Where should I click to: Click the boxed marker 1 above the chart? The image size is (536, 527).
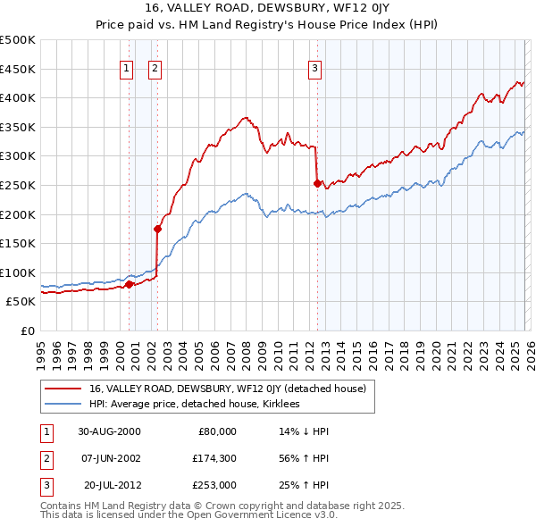pos(126,66)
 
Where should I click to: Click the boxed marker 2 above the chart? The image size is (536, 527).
pos(155,66)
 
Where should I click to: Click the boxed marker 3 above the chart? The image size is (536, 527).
pos(315,66)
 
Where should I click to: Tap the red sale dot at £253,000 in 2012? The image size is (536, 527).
pos(317,183)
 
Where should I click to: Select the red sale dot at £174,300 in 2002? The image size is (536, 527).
pos(157,229)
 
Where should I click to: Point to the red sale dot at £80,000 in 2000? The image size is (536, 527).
pos(129,284)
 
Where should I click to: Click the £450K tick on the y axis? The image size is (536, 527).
pos(18,69)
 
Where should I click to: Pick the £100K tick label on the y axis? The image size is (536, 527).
pos(18,272)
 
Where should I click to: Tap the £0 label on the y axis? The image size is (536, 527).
pos(27,330)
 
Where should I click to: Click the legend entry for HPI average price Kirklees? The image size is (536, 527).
pos(194,405)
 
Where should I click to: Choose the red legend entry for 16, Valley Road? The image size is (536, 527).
pos(233,389)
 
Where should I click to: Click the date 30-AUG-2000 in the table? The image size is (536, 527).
pos(109,431)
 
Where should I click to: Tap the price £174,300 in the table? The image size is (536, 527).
pos(214,458)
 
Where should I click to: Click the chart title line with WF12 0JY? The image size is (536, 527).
pos(268,9)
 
